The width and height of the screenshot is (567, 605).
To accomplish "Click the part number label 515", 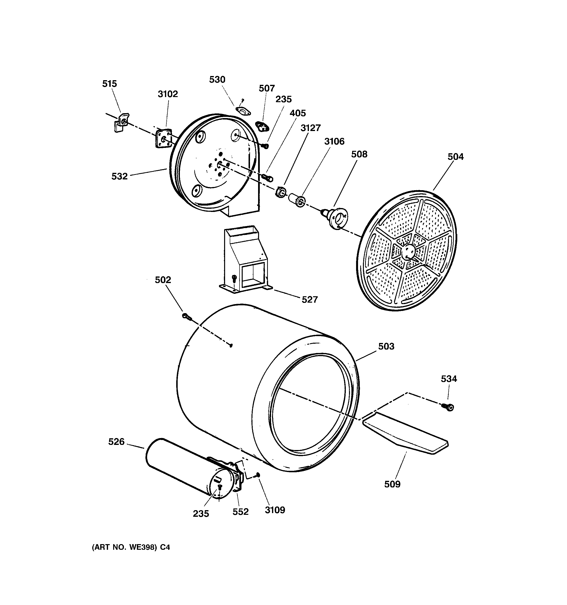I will coord(109,84).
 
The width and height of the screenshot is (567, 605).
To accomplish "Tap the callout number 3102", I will coord(168,94).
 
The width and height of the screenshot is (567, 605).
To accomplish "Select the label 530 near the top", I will coord(217,80).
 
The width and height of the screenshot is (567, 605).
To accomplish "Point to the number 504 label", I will coord(455,157).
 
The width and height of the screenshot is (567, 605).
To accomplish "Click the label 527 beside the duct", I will coord(309,300).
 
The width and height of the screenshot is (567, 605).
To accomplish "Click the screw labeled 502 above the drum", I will coord(186,316).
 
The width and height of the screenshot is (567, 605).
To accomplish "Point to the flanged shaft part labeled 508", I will coord(336,218).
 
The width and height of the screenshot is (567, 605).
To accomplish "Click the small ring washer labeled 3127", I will coord(281,192).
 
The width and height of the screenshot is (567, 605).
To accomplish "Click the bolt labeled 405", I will coord(267,177).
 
